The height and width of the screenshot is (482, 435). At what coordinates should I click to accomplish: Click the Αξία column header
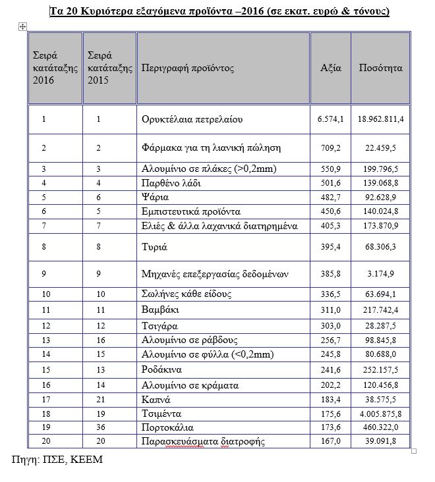pos(330,68)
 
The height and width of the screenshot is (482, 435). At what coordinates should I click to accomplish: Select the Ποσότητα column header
pos(380,68)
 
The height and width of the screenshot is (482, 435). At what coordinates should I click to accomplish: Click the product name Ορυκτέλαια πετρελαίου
pos(192,120)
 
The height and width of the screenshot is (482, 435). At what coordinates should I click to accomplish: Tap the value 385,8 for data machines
pos(331,273)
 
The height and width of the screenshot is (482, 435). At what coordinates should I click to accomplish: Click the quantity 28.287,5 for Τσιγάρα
pos(380,325)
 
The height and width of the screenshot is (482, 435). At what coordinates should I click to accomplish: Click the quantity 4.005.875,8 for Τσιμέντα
pos(380,414)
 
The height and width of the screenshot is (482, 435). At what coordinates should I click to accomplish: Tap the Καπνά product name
pos(156,399)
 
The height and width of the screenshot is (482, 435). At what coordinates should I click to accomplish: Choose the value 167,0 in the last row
pos(331,441)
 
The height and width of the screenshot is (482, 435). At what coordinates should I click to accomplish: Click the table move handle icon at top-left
pos(23,25)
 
